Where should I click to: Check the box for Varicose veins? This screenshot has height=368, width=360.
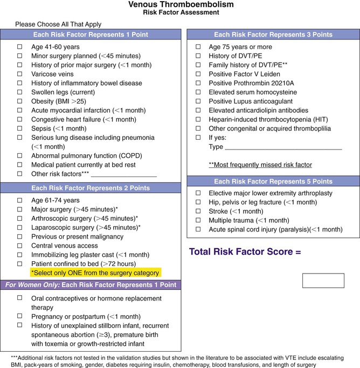coord(20,74)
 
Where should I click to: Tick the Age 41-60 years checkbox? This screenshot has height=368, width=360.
coord(20,47)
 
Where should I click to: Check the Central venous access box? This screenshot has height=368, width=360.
coord(20,245)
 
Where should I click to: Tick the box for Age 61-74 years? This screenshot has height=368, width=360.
coord(20,199)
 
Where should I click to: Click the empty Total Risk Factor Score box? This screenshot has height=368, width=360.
coord(323,281)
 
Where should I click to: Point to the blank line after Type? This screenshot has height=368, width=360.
coord(283,147)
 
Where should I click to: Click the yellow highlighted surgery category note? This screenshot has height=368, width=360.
coord(96,272)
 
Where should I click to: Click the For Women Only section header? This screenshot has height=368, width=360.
coord(91,284)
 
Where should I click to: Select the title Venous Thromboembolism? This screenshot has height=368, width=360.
coord(181,5)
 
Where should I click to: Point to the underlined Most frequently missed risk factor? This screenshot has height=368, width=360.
coord(260,165)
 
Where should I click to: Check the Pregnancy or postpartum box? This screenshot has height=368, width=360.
coord(20,316)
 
